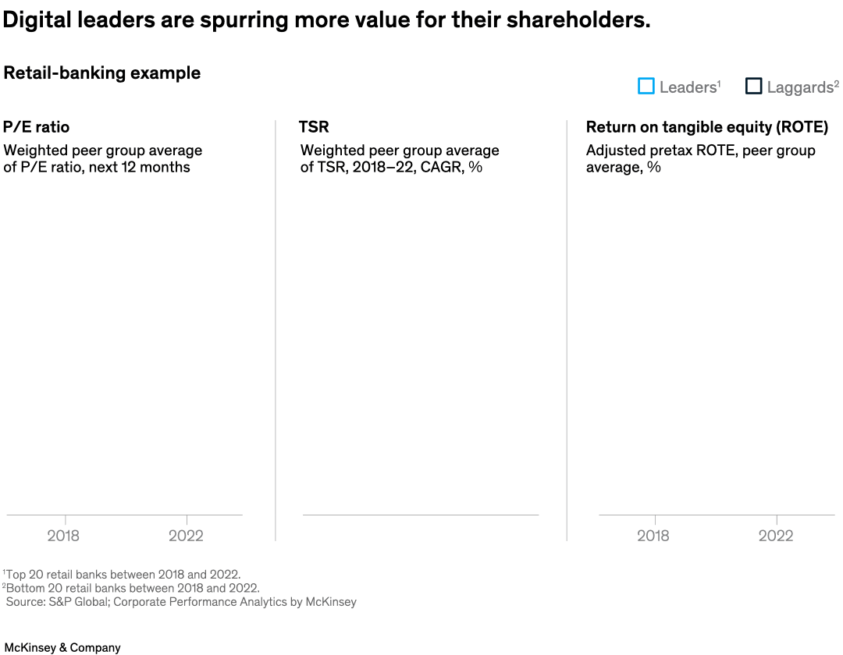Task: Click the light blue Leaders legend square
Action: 646,87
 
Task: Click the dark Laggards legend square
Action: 753,87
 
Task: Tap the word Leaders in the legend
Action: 688,87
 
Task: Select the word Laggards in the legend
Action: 799,87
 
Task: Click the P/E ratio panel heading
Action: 36,127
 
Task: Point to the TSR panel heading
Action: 314,127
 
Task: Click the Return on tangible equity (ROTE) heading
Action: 706,127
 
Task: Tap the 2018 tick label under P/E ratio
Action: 63,536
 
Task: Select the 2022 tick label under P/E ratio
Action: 186,536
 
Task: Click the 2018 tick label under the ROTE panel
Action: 653,536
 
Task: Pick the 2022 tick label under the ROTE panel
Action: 776,536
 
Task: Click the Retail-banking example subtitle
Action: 102,73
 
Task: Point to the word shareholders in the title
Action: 577,21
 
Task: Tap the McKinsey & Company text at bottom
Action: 62,647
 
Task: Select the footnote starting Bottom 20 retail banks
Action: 132,588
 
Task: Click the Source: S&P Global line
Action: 181,602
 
